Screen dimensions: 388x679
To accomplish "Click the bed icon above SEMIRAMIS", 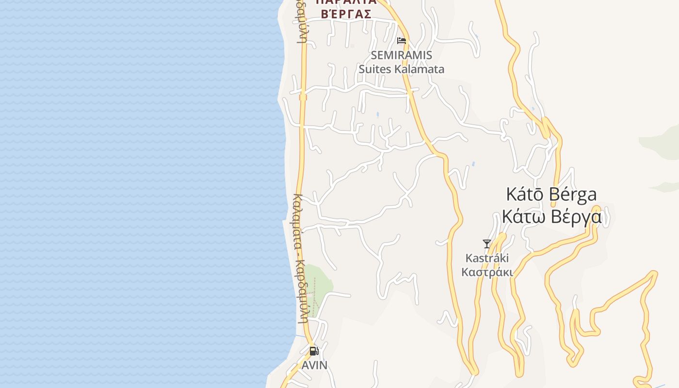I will [402, 41].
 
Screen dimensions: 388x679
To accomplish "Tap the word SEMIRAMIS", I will [401, 55].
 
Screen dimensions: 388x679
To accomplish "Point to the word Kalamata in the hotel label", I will [419, 69].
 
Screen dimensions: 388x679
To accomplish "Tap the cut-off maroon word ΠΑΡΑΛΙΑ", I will [346, 2].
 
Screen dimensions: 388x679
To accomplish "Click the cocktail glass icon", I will [487, 243].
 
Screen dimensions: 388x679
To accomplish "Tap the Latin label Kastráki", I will [487, 258].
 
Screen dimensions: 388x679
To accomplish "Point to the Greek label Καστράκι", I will [487, 272].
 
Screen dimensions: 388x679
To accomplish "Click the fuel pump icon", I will [314, 351].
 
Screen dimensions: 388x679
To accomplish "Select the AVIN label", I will [314, 365].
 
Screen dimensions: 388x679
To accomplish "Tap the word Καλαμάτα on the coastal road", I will [299, 224].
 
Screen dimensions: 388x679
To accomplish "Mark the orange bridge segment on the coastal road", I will [303, 97].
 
